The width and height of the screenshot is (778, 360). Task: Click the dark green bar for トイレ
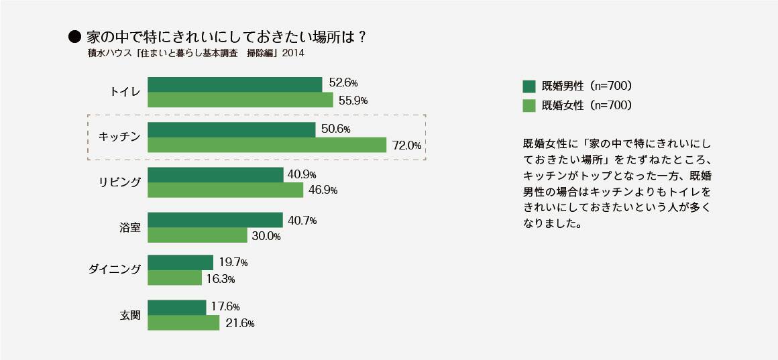click(x=235, y=84)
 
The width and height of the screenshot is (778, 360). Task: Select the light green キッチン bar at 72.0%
click(x=267, y=145)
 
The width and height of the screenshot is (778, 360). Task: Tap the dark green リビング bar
click(x=215, y=175)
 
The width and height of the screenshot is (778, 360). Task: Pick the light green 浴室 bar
click(x=197, y=235)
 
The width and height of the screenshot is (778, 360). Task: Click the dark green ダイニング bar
click(x=180, y=262)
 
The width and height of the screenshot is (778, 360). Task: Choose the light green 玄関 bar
click(x=183, y=322)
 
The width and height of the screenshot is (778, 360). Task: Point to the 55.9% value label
click(x=353, y=101)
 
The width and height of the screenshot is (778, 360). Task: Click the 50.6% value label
click(x=336, y=129)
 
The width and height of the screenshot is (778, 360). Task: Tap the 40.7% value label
click(x=302, y=220)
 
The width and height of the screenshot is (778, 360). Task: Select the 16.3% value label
click(x=221, y=279)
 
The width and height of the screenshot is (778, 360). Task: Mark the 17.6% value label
click(x=225, y=306)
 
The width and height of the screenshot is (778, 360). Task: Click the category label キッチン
click(x=119, y=137)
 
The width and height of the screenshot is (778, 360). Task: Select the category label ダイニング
click(x=115, y=269)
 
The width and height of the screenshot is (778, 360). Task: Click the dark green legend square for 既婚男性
click(x=529, y=86)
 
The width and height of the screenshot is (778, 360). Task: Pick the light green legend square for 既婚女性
click(x=529, y=105)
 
